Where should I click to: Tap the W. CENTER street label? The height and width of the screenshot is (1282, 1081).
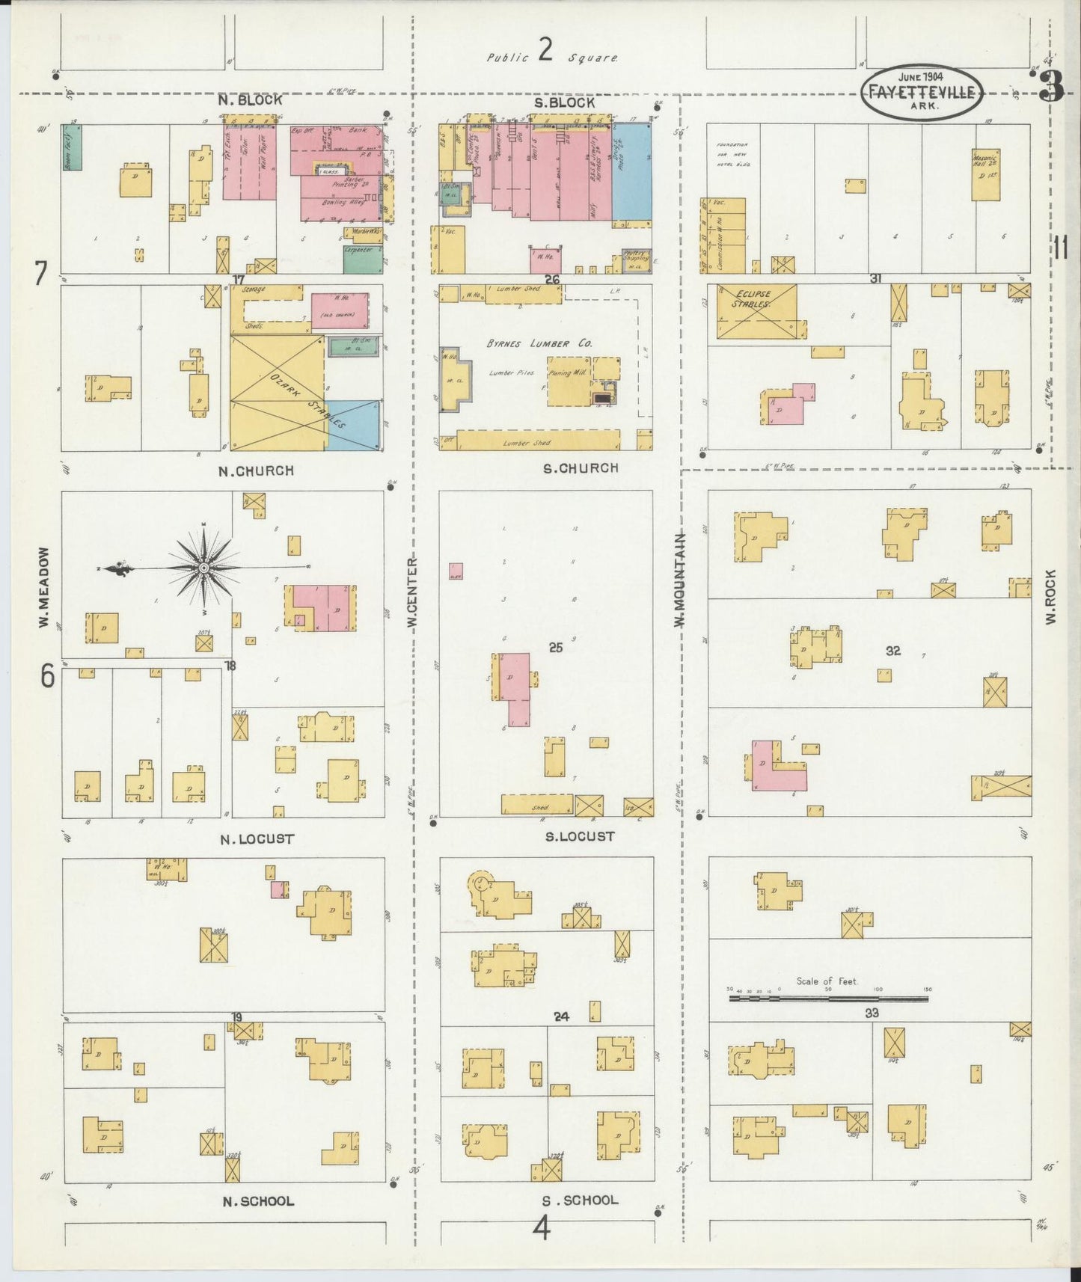(412, 592)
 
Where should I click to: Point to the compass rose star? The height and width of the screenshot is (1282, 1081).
(203, 568)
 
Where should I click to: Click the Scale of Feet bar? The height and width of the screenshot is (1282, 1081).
(828, 998)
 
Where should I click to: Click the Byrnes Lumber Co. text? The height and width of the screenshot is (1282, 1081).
(539, 343)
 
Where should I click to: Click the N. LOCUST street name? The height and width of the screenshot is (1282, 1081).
(257, 839)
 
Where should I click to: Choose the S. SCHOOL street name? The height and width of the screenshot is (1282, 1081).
(581, 1200)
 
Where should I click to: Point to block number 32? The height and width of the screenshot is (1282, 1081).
(892, 651)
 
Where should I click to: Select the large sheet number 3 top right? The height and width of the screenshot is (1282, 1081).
(1051, 88)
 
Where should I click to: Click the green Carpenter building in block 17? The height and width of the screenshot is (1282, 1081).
(363, 259)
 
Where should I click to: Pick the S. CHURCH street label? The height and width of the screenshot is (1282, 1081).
(581, 468)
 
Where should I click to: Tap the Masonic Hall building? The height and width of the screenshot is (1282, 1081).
(985, 174)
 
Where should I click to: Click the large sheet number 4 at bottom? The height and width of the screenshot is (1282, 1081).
(542, 1227)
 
